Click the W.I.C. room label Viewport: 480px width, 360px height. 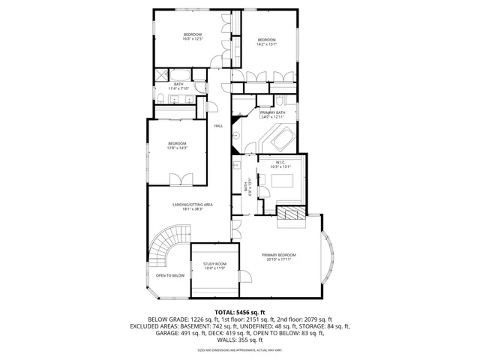pyautogui.click(x=280, y=162)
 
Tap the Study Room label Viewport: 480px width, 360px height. pyautogui.click(x=215, y=264)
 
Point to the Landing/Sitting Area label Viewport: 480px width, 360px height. pyautogui.click(x=193, y=205)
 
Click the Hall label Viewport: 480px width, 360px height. pyautogui.click(x=218, y=126)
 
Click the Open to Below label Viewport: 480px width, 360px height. pyautogui.click(x=170, y=275)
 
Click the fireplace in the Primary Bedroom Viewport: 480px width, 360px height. pyautogui.click(x=292, y=217)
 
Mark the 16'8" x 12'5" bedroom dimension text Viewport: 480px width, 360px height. pyautogui.click(x=193, y=39)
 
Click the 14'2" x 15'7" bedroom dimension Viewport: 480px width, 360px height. pyautogui.click(x=267, y=43)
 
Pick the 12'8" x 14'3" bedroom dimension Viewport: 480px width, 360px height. pyautogui.click(x=177, y=148)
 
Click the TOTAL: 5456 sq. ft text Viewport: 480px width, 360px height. pyautogui.click(x=239, y=311)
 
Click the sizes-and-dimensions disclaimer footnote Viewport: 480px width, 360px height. pyautogui.click(x=239, y=349)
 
